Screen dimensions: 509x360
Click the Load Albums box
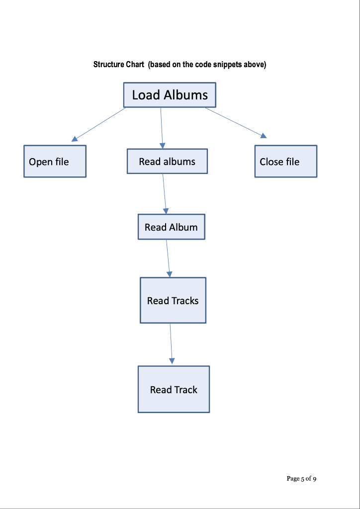170,95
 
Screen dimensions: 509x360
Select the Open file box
55,162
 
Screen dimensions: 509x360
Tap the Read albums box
167,162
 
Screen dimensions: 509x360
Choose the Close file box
285,162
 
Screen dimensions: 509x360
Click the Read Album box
171,227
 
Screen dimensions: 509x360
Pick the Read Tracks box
173,301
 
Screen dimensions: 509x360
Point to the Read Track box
174,390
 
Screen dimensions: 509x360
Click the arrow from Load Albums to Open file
99,124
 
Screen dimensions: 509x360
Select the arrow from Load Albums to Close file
234,121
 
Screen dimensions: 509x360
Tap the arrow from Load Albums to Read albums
162,127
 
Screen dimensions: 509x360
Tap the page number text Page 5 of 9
301,479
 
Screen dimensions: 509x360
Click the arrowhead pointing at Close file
264,136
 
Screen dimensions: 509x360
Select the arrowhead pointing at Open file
75,139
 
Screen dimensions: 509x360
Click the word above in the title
254,65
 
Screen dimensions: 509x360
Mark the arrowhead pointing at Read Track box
172,361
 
